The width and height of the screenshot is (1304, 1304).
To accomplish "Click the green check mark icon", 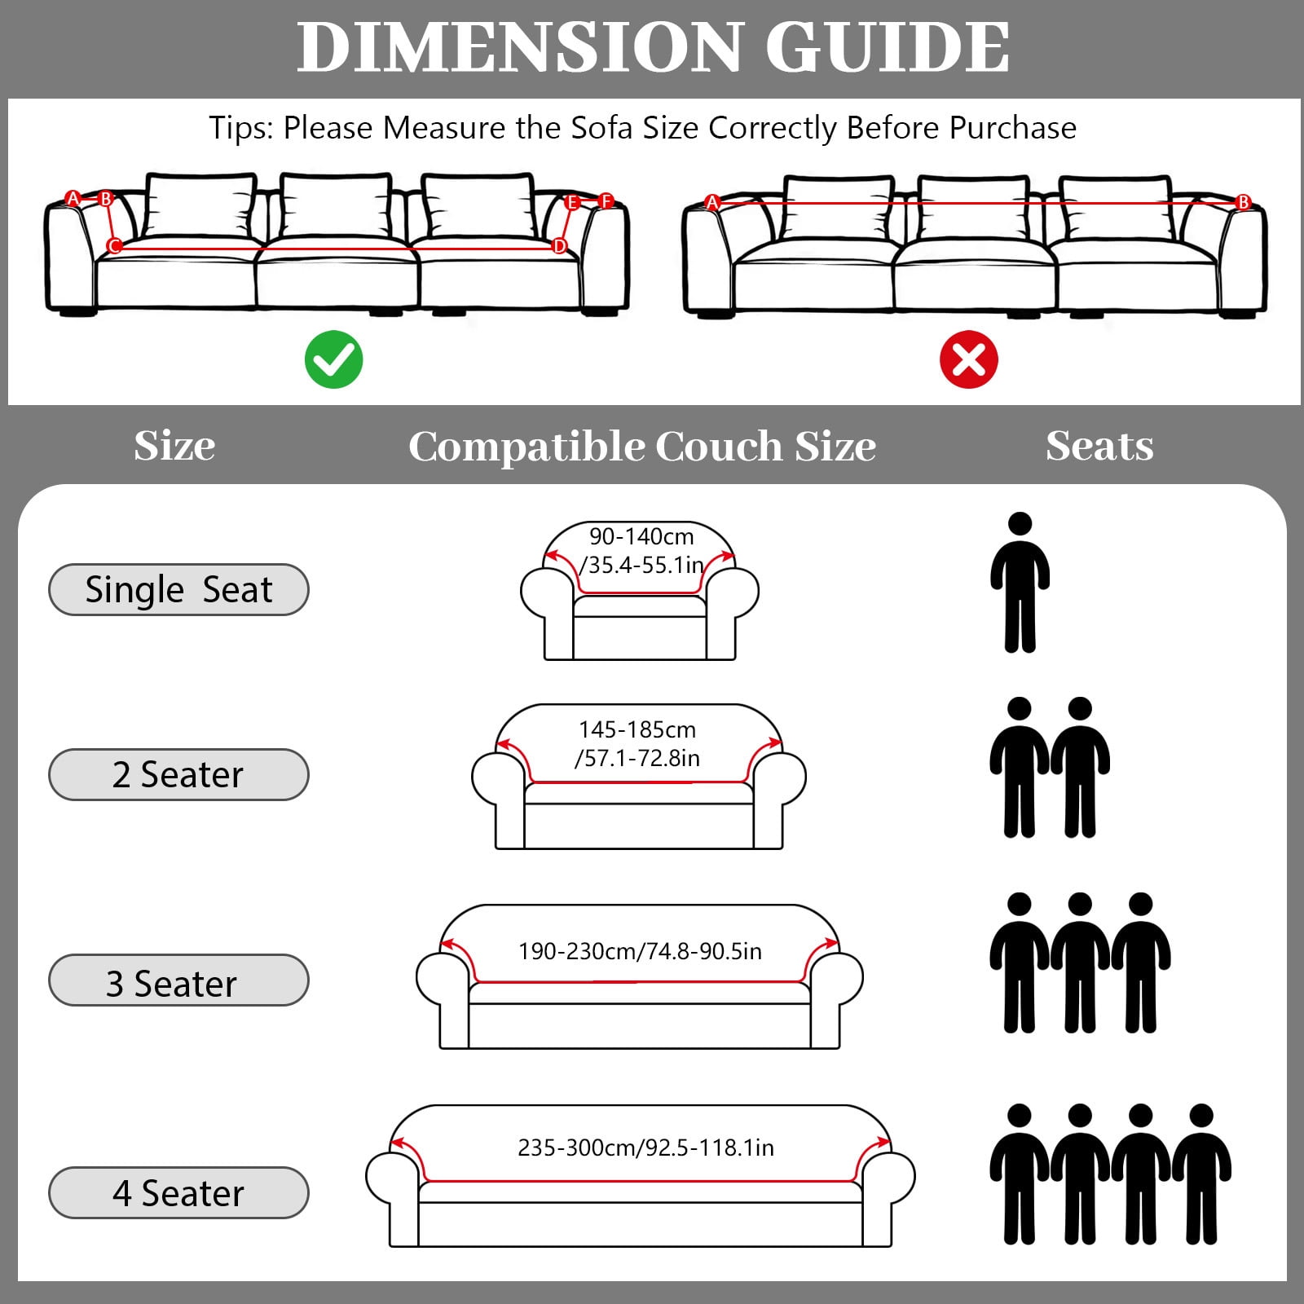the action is [x=333, y=359].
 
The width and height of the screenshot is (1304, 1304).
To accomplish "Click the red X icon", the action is [x=968, y=359].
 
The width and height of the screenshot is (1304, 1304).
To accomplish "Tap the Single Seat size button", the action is [x=178, y=589].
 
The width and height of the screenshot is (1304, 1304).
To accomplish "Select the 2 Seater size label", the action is [x=178, y=774].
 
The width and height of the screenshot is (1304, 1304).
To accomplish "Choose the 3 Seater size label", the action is [x=178, y=980].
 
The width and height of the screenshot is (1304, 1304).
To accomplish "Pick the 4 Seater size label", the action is [x=178, y=1192].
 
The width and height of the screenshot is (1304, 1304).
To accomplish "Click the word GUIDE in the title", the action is [x=888, y=46].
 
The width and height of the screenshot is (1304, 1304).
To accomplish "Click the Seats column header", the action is [x=1099, y=446].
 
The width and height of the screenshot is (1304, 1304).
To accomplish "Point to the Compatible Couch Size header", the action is [x=642, y=447].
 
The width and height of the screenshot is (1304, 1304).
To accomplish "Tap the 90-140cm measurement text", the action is [x=641, y=536].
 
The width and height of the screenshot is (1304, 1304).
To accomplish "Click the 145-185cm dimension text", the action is [x=637, y=729].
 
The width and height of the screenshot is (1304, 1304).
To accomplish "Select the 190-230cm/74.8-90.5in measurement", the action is [x=640, y=951].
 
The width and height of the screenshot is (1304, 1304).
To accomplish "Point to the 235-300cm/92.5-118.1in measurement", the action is [x=645, y=1148].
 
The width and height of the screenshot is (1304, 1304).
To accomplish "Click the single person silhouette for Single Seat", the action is [x=1020, y=583].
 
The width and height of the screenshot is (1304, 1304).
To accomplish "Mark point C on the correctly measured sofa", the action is [x=114, y=245].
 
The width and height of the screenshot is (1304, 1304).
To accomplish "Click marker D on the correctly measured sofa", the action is [x=559, y=245].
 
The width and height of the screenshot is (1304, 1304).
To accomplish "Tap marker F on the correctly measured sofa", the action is [x=606, y=200].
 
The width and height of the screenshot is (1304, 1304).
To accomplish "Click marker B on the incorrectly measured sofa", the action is [x=1243, y=202].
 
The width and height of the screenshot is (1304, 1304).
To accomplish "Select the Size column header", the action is [x=174, y=446].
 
